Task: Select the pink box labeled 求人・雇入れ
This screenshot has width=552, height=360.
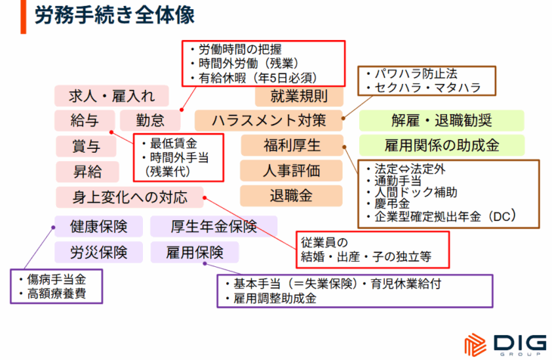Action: pos(111,96)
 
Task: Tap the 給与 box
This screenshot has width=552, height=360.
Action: pos(85,120)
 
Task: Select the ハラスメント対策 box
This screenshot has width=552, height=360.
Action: pos(268,120)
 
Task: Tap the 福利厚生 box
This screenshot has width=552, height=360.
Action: pos(291,145)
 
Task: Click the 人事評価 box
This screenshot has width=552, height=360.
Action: pos(291,171)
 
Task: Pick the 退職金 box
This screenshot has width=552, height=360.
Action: pos(291,196)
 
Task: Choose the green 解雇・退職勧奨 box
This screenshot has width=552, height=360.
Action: pos(442,120)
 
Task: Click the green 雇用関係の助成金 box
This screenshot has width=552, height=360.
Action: pos(442,145)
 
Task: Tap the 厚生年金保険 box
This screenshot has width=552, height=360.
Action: pos(213,226)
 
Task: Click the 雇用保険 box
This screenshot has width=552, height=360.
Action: pos(195,252)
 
